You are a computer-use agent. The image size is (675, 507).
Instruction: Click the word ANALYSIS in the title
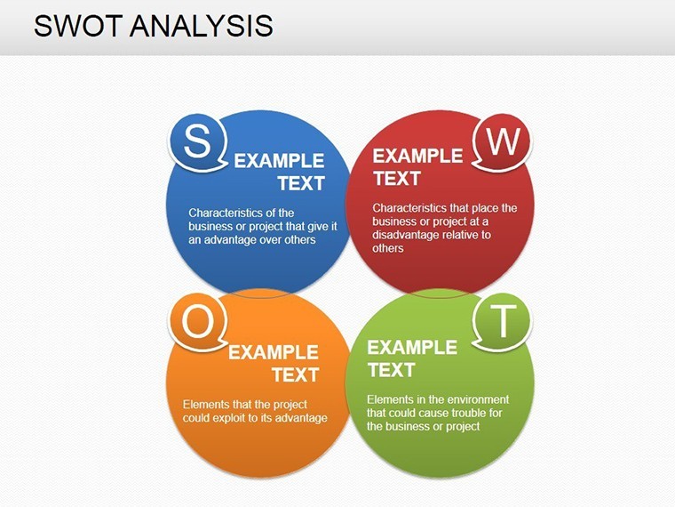[202, 26]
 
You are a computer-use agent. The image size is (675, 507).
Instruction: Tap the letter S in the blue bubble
[197, 141]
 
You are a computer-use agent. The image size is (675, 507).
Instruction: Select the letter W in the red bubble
[504, 141]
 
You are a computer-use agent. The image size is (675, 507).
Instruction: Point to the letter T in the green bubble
[503, 321]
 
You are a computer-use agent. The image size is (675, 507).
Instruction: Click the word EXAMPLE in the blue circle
[279, 161]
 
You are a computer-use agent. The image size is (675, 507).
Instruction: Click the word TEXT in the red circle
[396, 178]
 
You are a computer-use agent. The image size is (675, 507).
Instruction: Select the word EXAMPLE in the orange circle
[274, 352]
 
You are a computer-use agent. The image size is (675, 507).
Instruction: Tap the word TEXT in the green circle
[391, 370]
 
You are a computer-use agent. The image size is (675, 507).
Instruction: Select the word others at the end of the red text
[388, 248]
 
